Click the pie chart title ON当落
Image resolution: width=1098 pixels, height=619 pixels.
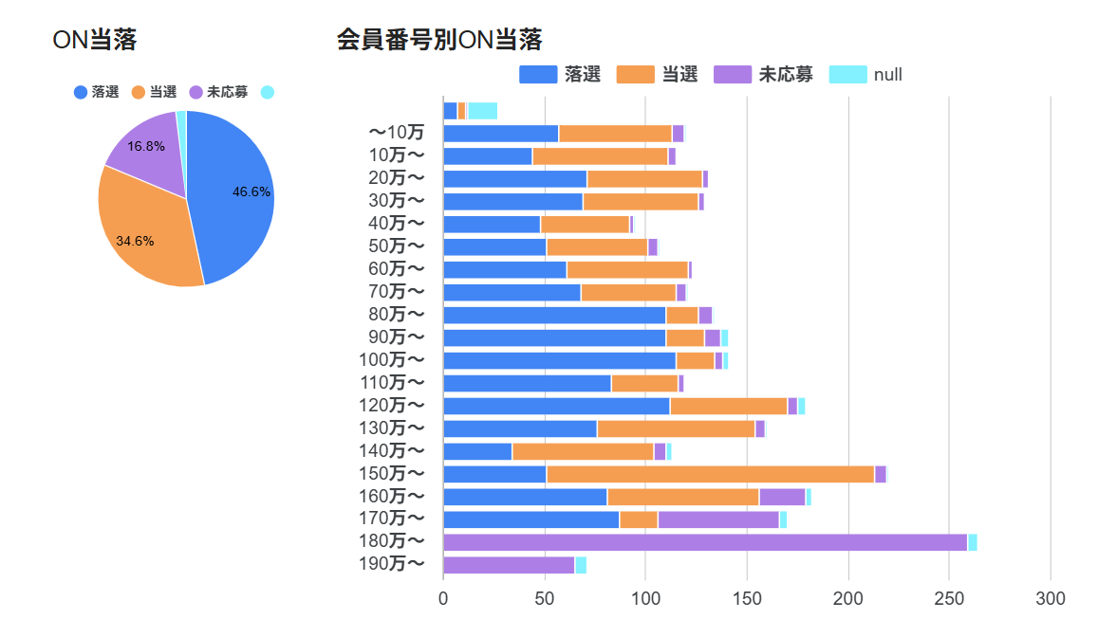[95, 40]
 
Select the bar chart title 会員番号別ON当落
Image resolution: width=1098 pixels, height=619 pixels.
[439, 40]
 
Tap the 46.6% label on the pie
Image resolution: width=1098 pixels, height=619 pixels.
[251, 191]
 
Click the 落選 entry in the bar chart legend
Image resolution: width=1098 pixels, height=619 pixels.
[560, 74]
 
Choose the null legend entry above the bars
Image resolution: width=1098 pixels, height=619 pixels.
[865, 74]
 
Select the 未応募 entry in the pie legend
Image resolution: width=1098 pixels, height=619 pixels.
[218, 92]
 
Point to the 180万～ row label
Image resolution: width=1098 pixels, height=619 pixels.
[391, 540]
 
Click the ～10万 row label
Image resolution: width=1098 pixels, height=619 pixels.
[397, 132]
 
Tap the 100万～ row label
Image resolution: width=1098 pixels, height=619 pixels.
[391, 359]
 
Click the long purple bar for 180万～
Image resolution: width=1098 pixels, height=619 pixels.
[705, 542]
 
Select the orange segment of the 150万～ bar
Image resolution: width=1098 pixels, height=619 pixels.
[711, 474]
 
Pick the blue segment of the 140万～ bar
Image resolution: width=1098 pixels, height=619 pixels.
[478, 451]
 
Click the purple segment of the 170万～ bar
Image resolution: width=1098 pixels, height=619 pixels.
[718, 519]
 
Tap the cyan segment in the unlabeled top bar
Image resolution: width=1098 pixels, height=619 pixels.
[482, 111]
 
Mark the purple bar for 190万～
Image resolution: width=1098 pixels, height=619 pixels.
[509, 565]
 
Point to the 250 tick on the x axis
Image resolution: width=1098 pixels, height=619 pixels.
[950, 598]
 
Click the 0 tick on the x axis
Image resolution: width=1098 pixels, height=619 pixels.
[443, 598]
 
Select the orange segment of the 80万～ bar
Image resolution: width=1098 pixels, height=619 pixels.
[682, 315]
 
